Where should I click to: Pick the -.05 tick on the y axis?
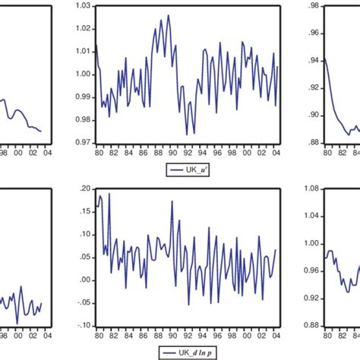[x=82, y=302]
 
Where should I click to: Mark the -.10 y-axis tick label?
[x=82, y=325]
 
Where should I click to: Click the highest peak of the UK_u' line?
[x=168, y=15]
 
